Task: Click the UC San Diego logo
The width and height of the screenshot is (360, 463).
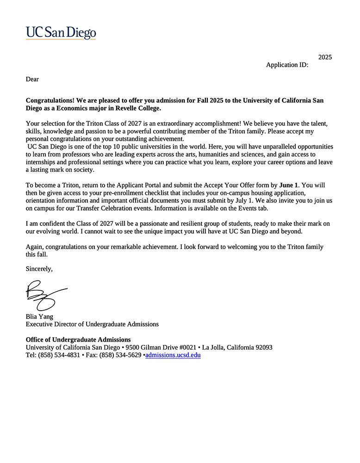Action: coord(61,32)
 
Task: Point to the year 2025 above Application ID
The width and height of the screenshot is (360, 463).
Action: coord(325,57)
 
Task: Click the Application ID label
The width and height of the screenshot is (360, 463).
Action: coord(287,65)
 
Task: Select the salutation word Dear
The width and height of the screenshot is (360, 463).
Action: coord(32,79)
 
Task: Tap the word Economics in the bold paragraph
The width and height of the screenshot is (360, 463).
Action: coord(83,108)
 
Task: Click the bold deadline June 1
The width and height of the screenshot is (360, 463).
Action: coord(289,185)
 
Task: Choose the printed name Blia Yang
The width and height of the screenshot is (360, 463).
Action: coord(39,317)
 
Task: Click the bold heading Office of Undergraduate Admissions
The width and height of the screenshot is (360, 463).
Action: coord(78,339)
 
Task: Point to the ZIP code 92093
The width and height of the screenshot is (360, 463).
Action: coord(262,347)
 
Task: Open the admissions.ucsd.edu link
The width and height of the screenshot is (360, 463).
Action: coord(173,355)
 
